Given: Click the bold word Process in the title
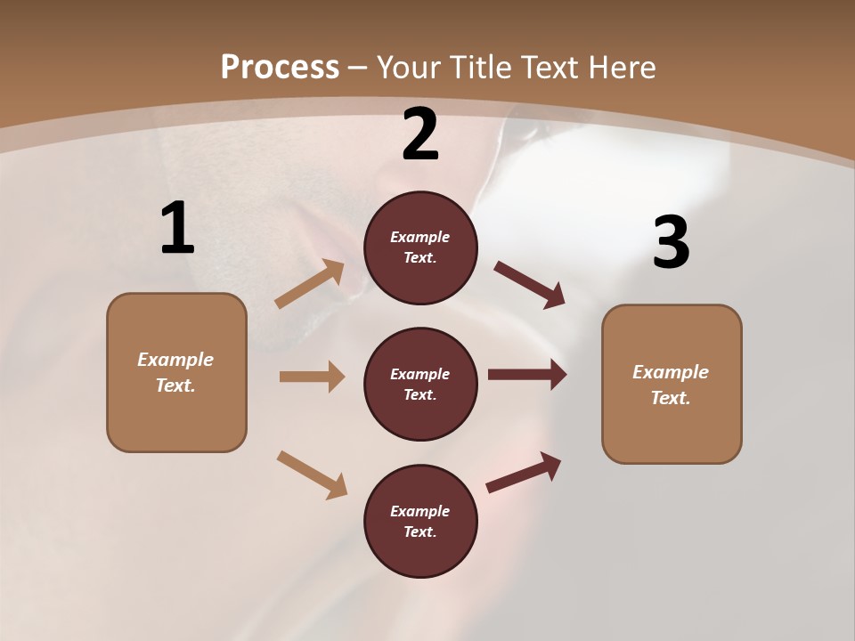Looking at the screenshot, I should click(280, 67).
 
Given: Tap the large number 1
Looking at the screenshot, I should click(177, 228).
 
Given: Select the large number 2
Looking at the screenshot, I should click(420, 134).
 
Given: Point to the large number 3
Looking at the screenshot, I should click(671, 243).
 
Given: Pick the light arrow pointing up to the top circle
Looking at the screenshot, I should click(310, 284).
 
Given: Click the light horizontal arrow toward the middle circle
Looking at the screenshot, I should click(311, 377).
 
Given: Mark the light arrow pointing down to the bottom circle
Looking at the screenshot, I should click(312, 475).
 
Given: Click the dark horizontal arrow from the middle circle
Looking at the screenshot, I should click(526, 375).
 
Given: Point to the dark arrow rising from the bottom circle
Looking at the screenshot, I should click(524, 473).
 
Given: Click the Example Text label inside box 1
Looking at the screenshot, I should click(175, 372).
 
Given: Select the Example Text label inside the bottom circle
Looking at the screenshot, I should click(420, 521).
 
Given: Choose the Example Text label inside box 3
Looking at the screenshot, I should click(671, 385).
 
